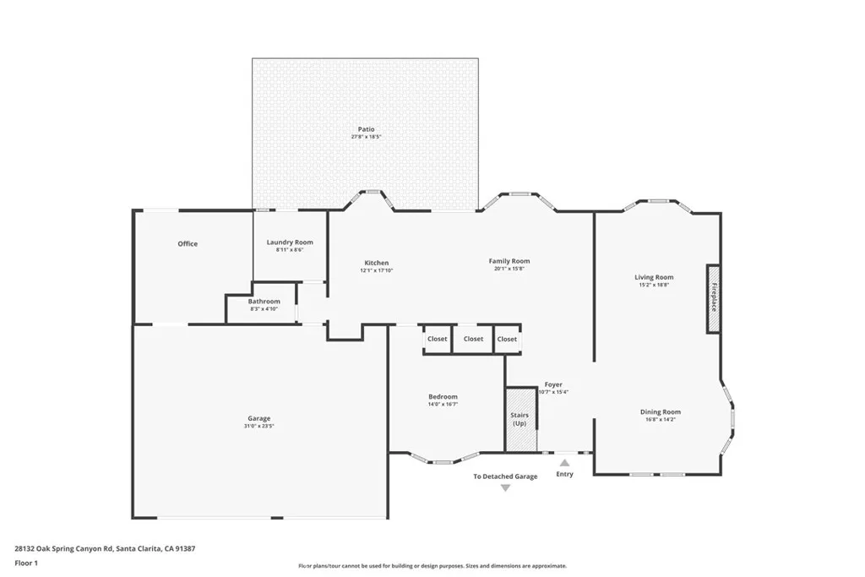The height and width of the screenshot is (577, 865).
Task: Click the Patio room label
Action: tap(366, 129)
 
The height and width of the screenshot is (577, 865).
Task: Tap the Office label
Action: tap(188, 244)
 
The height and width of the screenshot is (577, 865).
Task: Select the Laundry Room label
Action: tap(290, 242)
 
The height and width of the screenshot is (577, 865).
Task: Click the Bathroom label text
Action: tap(264, 302)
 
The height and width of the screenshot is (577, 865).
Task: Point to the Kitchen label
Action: tap(376, 263)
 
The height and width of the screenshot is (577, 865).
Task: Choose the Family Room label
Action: tap(509, 261)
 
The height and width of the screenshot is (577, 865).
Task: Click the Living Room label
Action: tap(654, 277)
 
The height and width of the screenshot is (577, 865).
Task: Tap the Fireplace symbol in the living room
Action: tap(713, 297)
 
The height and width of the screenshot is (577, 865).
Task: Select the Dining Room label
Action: tap(660, 412)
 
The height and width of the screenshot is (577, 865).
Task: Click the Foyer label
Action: tap(553, 384)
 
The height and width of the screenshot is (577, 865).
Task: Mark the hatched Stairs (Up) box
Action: tap(520, 419)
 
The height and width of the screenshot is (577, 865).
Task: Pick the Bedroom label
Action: tap(443, 397)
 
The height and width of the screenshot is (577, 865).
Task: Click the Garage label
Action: tap(258, 418)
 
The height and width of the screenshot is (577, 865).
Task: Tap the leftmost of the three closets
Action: tap(437, 339)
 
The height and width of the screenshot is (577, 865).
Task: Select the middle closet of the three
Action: tap(473, 339)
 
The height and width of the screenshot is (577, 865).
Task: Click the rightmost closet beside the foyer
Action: tap(507, 339)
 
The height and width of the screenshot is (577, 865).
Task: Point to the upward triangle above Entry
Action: tap(564, 462)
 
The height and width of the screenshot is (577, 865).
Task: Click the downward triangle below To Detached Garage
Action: tap(505, 488)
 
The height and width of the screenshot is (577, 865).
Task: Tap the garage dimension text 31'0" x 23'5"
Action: tap(258, 427)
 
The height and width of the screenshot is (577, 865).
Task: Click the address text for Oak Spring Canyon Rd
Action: tap(106, 547)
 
